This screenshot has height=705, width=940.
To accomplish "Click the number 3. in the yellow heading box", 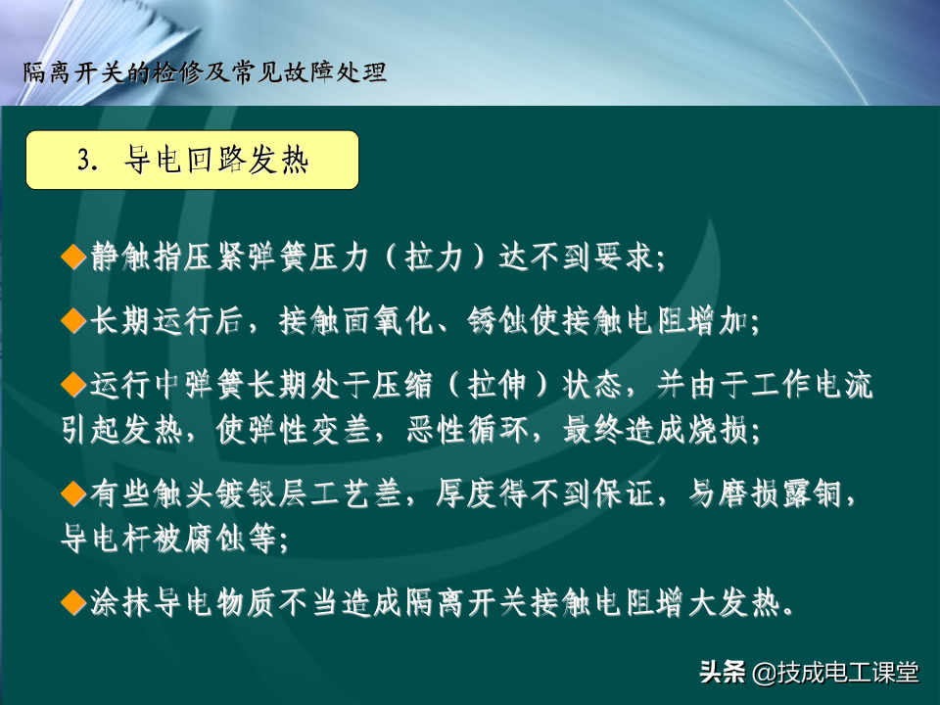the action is (x=87, y=161).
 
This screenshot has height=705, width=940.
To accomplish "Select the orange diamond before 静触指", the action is (x=73, y=258).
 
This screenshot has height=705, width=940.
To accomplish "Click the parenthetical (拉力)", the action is (x=434, y=258).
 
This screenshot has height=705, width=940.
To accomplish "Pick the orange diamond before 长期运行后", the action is (x=73, y=321).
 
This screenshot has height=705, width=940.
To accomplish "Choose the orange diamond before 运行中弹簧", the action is (x=73, y=384).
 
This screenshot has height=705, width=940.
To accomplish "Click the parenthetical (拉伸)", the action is (x=497, y=385).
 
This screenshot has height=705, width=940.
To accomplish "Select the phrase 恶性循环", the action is (x=469, y=429).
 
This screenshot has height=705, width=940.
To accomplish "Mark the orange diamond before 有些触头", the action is (x=73, y=494).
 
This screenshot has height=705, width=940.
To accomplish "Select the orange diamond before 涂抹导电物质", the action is (x=73, y=602).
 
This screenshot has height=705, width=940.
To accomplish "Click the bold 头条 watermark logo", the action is (x=723, y=672).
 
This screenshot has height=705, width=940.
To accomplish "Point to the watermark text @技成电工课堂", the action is (x=835, y=673).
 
